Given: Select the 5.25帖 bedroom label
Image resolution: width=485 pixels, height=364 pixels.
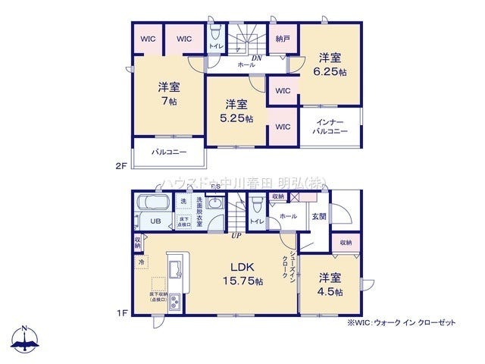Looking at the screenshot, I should coord(236,111).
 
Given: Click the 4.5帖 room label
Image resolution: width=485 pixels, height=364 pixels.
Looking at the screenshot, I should coord(330,284).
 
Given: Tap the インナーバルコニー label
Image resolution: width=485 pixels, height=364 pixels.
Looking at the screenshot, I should coord(330,126).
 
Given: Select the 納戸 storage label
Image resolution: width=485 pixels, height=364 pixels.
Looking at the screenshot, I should coord(283,39).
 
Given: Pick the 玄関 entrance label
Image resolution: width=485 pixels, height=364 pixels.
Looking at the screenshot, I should coord(319,216).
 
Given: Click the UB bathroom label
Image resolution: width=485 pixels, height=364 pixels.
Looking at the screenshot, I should coord(154,221).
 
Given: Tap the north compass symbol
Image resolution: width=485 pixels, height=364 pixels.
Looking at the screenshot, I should coord(24,339).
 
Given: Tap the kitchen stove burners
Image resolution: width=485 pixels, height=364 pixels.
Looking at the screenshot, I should coord(174,302).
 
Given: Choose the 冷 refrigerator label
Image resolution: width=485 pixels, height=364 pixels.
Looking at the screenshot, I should coord(142,262).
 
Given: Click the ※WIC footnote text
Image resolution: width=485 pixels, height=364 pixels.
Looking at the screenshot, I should coord(402,322).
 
